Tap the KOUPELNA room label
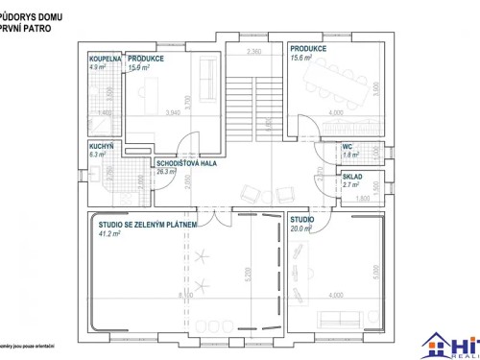(104, 60)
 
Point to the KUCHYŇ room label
(101, 146)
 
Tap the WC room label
(348, 146)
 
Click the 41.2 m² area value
(108, 232)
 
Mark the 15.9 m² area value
(140, 67)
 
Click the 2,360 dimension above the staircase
(254, 50)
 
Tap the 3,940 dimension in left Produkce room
(174, 113)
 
